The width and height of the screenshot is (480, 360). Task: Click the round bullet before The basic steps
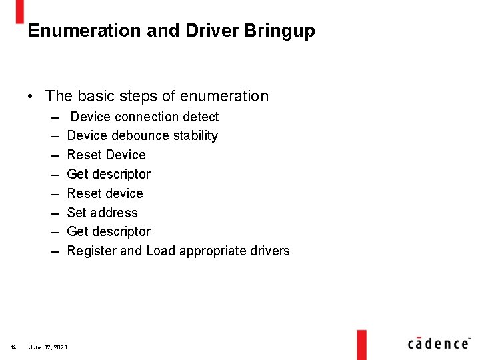click(x=31, y=97)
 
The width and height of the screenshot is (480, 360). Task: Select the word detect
click(x=201, y=117)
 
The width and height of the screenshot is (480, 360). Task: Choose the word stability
click(x=195, y=136)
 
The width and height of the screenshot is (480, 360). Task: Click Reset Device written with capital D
click(x=106, y=155)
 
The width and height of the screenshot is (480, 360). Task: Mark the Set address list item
click(x=102, y=213)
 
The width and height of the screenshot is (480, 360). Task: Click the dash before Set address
click(x=54, y=213)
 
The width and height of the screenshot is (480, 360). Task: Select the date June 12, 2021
click(x=47, y=347)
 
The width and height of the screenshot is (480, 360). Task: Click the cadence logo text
click(x=438, y=343)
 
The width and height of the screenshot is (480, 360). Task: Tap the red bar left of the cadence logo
click(x=361, y=344)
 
